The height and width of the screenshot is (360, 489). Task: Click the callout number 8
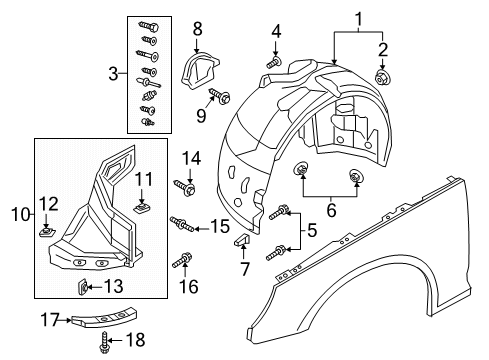tap(197, 29)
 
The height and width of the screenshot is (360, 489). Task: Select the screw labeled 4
tap(274, 63)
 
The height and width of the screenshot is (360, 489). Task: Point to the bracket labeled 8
tap(198, 71)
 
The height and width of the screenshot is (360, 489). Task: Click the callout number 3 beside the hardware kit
tap(113, 74)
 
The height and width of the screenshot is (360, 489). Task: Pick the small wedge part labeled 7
tap(242, 240)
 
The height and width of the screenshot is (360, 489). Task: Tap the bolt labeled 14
tap(184, 187)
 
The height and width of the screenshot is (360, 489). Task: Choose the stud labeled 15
tap(182, 223)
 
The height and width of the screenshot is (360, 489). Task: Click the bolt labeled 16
tap(182, 260)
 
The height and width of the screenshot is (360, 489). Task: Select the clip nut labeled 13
tap(83, 287)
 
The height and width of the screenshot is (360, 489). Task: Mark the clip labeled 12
tap(47, 231)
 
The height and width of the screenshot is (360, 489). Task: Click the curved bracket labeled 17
tap(105, 317)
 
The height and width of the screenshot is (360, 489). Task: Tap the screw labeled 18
tap(105, 342)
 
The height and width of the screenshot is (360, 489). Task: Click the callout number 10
tap(21, 214)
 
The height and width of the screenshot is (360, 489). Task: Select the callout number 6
tap(331, 210)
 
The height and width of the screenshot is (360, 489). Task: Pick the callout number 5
tap(312, 231)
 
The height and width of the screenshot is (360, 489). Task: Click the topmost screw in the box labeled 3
tap(149, 26)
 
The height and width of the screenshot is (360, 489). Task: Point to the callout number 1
tap(359, 19)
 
